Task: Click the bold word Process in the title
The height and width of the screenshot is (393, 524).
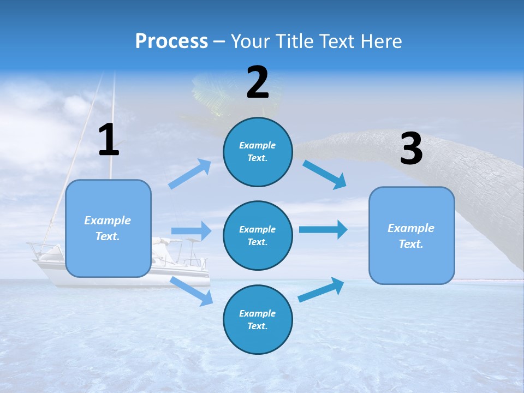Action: click(171, 41)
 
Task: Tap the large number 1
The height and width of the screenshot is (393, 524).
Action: click(109, 140)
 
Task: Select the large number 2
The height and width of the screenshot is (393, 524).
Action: click(258, 82)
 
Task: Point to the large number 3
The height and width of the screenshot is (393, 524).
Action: click(411, 149)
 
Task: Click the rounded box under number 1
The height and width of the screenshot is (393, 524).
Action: click(108, 228)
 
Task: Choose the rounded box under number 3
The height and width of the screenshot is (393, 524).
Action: click(412, 235)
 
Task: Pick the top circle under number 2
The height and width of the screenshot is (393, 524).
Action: click(258, 152)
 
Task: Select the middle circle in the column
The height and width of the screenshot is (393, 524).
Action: click(258, 235)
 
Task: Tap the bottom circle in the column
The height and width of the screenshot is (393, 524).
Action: click(258, 319)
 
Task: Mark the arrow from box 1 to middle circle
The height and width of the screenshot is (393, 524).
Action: click(191, 231)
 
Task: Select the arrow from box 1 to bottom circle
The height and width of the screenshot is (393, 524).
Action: click(192, 291)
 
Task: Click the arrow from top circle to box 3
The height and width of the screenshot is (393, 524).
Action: click(325, 175)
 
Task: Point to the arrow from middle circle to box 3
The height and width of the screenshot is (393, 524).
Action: click(323, 229)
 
